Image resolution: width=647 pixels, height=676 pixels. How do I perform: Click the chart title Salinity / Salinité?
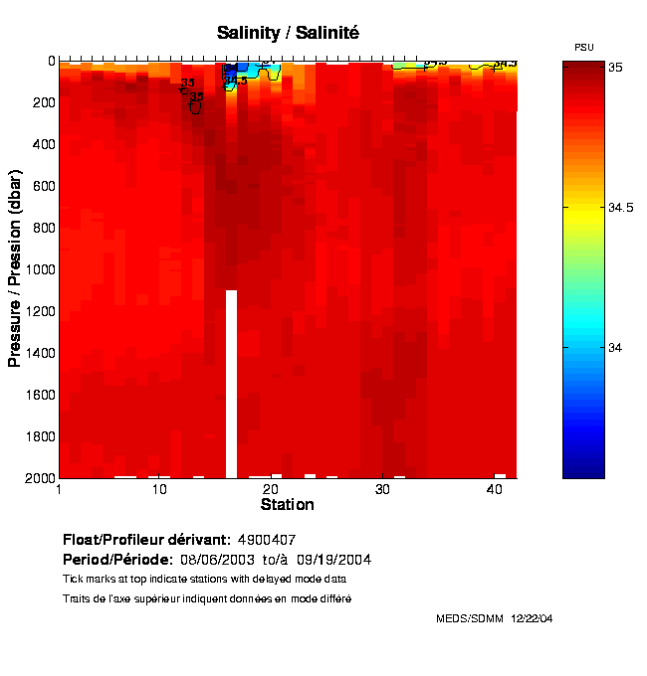(x=288, y=33)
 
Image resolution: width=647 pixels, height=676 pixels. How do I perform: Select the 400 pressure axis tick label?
(x=43, y=144)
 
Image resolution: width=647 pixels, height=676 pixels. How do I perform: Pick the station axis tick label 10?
(x=159, y=490)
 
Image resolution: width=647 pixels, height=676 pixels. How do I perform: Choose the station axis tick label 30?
(x=383, y=490)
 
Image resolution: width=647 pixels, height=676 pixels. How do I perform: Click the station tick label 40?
(x=495, y=490)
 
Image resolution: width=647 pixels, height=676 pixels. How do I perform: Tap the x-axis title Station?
(x=287, y=505)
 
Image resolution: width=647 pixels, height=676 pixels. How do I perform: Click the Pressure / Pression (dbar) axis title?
(x=15, y=268)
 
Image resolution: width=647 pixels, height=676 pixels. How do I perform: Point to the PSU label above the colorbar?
(x=584, y=48)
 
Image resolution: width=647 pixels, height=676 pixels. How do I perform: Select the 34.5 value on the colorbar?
(x=622, y=207)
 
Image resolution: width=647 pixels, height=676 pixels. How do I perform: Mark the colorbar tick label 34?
(x=615, y=347)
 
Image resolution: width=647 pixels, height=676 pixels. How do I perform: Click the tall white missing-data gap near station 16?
(x=231, y=383)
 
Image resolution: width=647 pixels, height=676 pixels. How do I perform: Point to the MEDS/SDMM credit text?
(x=470, y=618)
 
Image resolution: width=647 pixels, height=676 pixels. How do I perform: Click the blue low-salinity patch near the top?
(x=265, y=71)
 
